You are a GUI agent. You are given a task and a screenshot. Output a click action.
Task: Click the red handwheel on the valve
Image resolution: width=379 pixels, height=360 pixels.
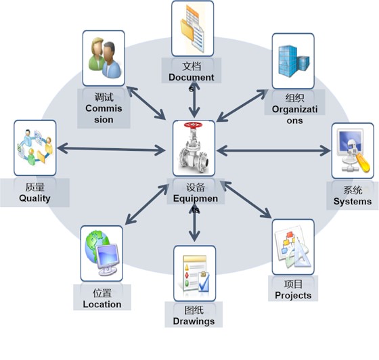point(193,125)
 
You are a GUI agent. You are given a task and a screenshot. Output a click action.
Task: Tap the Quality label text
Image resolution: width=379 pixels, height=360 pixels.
point(35,198)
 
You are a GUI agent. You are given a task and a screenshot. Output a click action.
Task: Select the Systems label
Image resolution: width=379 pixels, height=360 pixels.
point(353,202)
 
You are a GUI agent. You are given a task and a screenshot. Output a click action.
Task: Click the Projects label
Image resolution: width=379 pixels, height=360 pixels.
point(293,296)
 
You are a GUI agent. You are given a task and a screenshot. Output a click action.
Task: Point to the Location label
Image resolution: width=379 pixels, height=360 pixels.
point(102,305)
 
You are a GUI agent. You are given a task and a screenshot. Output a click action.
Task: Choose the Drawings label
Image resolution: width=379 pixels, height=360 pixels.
point(194,321)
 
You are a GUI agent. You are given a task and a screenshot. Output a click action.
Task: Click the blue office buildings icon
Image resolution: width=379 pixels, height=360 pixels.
point(294,61)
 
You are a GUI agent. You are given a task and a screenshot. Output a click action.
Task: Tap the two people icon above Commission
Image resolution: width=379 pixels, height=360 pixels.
point(104,58)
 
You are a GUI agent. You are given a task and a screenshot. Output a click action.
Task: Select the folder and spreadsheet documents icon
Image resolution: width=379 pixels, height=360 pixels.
point(192,28)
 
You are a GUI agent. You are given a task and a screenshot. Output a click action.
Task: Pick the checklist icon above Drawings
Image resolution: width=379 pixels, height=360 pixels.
point(196,273)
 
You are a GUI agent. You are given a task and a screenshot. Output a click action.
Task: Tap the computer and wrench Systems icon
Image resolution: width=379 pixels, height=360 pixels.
point(353,151)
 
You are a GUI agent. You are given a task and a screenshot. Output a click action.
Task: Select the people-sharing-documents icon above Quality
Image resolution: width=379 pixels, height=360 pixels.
point(35,147)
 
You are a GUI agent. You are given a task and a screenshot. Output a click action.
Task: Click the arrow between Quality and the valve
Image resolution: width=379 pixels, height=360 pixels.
point(111,149)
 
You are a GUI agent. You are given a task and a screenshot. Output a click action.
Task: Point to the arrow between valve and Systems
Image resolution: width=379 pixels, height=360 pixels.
point(274,151)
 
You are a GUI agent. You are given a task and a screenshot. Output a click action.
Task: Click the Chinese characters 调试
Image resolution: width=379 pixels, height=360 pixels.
point(104,97)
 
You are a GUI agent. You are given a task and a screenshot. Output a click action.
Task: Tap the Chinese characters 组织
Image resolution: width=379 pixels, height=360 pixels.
point(294,98)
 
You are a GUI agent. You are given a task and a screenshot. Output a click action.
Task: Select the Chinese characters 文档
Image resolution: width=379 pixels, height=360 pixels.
point(192,66)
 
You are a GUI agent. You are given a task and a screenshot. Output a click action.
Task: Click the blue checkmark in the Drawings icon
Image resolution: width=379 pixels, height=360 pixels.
point(204,282)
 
